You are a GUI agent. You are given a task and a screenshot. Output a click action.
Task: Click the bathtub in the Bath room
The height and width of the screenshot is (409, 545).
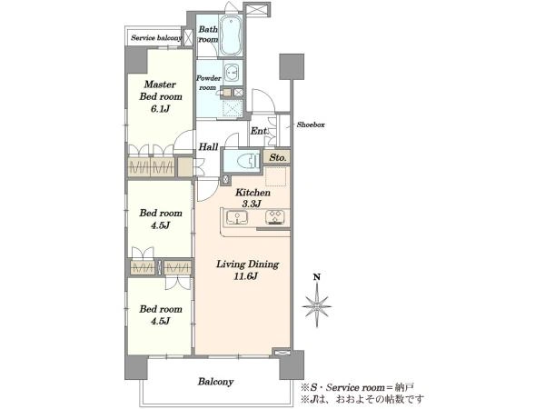pos(230,35)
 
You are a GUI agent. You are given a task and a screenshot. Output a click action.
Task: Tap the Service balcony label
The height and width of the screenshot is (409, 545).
pos(156,38)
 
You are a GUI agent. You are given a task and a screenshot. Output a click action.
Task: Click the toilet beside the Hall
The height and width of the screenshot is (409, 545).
pos(248,161)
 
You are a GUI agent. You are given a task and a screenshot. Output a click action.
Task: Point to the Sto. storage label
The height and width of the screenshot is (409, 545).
pos(278,157)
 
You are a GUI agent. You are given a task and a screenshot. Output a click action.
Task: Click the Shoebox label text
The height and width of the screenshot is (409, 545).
pos(311,125)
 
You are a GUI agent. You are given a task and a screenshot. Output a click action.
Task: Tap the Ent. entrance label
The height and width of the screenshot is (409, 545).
pos(260,131)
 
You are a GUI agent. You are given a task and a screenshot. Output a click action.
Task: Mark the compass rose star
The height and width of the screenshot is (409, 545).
pos(317,307)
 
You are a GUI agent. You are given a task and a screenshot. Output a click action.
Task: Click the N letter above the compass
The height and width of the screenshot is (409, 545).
pos(317,277)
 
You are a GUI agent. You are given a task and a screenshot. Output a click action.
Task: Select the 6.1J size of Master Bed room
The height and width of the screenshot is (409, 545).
pos(160,109)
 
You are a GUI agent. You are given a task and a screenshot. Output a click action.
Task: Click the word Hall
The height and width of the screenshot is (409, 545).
pos(209,146)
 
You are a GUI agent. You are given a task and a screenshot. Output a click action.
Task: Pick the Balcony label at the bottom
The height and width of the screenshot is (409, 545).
pos(215,382)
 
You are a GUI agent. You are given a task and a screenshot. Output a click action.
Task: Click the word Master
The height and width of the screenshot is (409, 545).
pos(160,85)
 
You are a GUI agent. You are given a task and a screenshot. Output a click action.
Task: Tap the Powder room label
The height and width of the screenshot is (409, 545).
pos(209,83)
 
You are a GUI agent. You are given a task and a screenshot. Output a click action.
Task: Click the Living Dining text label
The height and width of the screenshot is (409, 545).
pos(247,264)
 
